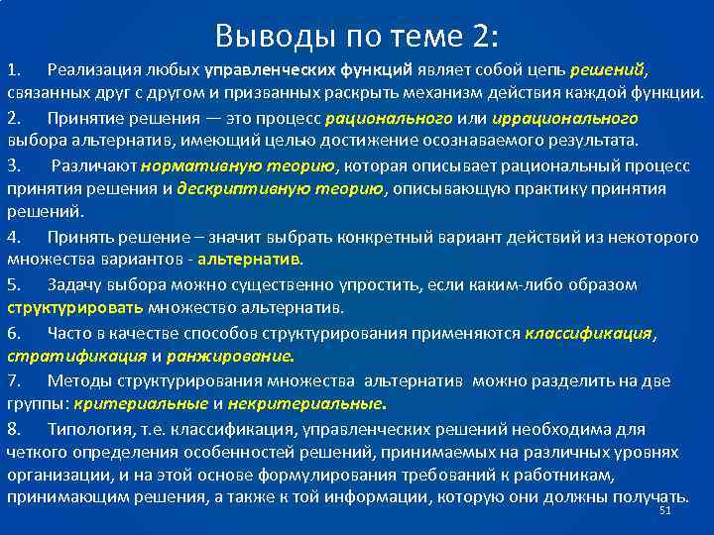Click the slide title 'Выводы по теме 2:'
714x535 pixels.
point(357,37)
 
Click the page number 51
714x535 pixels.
point(665,509)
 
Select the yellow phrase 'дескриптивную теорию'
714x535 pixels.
point(281,189)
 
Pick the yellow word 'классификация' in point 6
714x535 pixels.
point(589,333)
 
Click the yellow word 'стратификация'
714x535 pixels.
point(76,356)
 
